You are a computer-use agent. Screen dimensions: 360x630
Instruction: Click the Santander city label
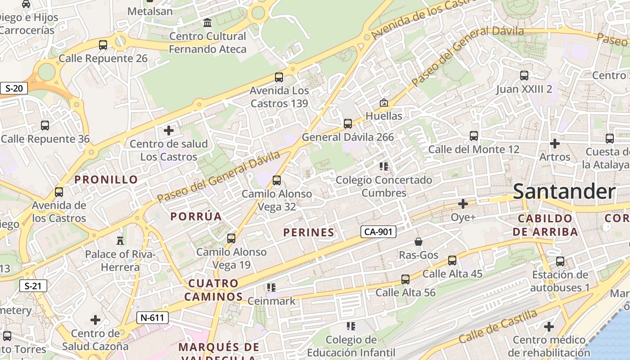[x=564, y=192]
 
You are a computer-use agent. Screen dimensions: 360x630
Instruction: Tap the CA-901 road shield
[x=378, y=232]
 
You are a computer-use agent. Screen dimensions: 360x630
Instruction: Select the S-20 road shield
[x=13, y=88]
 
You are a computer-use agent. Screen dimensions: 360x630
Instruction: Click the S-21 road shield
[x=33, y=286]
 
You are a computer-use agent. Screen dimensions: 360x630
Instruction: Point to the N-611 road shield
[x=152, y=318]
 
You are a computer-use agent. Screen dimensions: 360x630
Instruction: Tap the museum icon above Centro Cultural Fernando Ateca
[x=207, y=22]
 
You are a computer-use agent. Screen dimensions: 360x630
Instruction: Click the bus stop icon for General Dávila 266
[x=347, y=123]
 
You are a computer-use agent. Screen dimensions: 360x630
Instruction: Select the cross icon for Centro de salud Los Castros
[x=169, y=130]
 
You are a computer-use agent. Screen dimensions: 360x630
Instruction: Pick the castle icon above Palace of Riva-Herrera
[x=120, y=240]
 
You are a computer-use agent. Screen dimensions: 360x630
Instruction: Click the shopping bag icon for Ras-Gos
[x=418, y=242]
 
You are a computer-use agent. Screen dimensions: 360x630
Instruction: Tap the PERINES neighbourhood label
[x=309, y=233]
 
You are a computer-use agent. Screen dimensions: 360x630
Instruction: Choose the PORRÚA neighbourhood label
[x=196, y=216]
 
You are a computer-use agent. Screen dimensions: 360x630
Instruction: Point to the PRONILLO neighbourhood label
[x=106, y=180]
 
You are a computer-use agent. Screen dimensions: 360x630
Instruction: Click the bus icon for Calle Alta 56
[x=405, y=279]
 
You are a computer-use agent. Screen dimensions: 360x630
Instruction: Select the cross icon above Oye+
[x=463, y=204]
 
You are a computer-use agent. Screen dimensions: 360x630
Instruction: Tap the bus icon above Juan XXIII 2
[x=524, y=76]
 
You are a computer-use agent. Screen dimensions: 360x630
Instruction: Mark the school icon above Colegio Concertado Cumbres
[x=384, y=166]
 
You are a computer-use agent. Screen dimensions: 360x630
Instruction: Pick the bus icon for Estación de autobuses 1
[x=560, y=261]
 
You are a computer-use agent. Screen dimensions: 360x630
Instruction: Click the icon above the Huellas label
[x=383, y=103]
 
